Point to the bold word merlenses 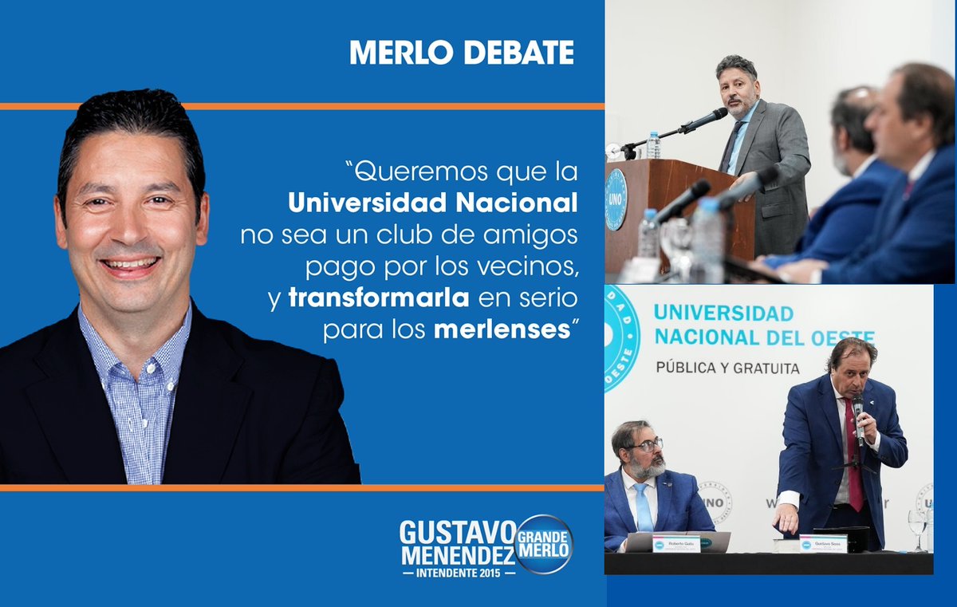tap(499, 329)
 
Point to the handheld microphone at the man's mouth tap(858, 415)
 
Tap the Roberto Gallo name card tap(675, 544)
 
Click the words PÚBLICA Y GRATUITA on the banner tap(727, 368)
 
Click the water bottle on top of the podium tap(653, 145)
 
